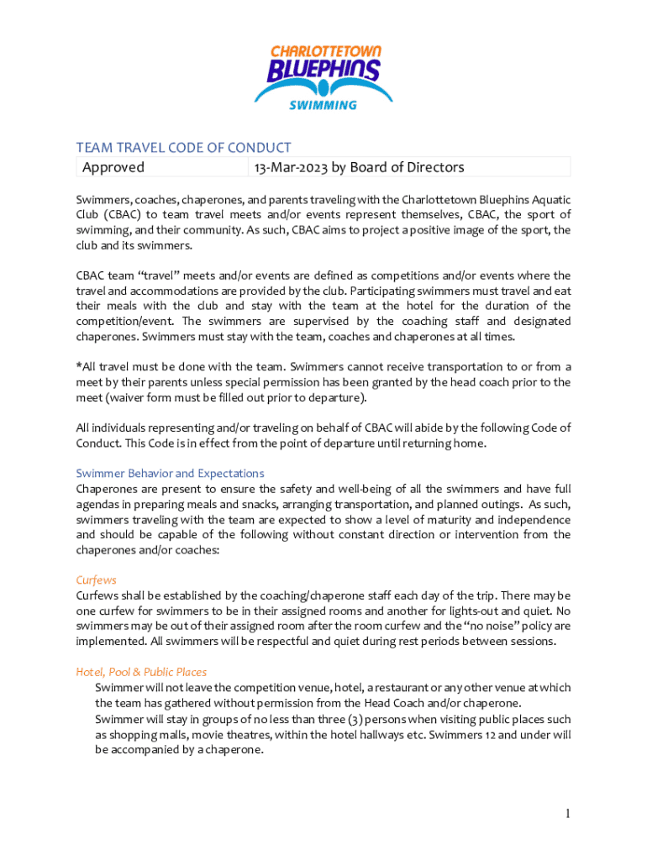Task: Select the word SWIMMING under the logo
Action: (x=323, y=105)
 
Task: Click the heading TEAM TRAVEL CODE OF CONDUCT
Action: (x=184, y=149)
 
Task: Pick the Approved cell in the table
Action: (x=113, y=167)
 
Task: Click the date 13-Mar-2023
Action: (x=291, y=167)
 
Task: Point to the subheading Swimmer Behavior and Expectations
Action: (x=170, y=473)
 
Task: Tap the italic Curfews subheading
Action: (x=96, y=579)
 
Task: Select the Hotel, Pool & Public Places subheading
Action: (x=141, y=672)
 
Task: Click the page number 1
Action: (x=567, y=813)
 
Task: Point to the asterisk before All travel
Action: (x=79, y=366)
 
